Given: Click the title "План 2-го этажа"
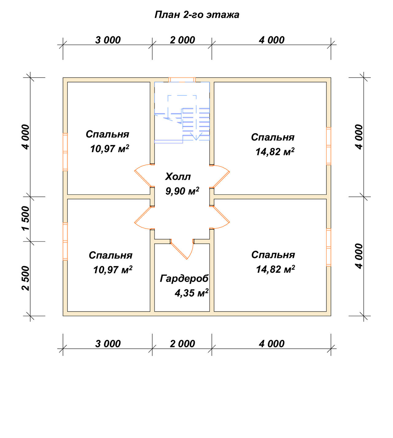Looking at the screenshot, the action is point(197,15).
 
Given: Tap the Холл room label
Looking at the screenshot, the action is point(178,177).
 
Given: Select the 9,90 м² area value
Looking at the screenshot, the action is point(182,191).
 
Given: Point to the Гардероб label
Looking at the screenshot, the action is point(184,279).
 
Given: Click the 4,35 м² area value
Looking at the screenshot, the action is point(192,293).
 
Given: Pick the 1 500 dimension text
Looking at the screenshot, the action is point(26,219).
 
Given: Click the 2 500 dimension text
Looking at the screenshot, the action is point(26,278).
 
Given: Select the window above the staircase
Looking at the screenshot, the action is point(182,80).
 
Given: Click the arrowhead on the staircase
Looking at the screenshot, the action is point(196,137).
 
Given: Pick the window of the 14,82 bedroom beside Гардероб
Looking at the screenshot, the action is point(329,247).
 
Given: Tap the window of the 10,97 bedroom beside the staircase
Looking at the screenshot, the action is point(65,152).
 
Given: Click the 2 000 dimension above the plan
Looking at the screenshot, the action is point(182,40).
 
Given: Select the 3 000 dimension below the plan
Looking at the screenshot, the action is point(108,344).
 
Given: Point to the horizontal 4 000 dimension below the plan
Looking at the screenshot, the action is point(272,344).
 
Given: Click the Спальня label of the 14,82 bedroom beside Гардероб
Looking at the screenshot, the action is point(273,255).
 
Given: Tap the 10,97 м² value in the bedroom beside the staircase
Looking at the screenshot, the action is point(110,149).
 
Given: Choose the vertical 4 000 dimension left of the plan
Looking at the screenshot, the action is point(26,137).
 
